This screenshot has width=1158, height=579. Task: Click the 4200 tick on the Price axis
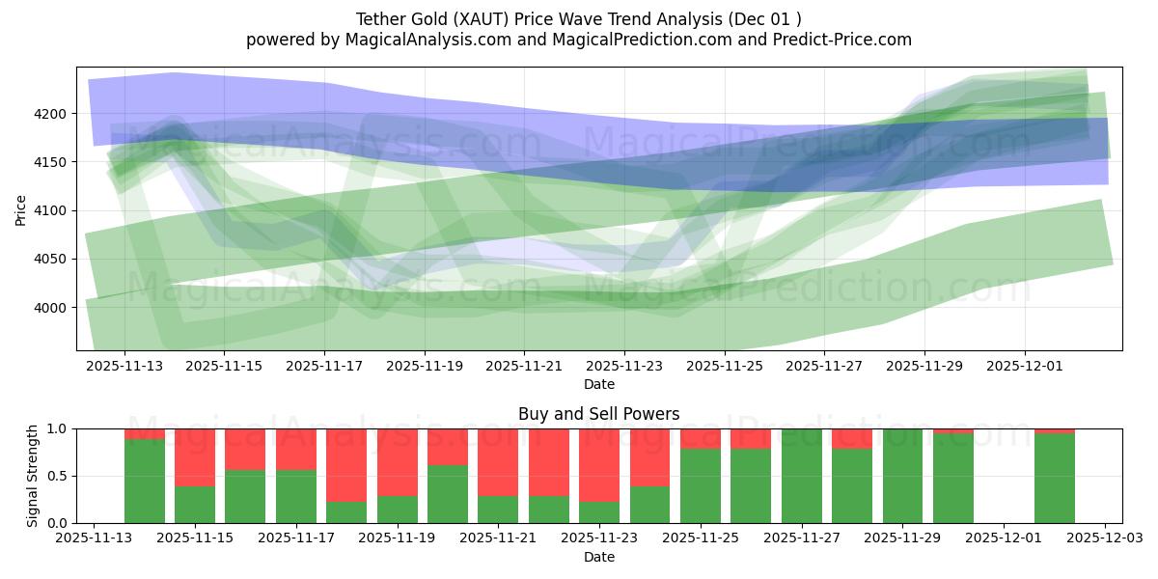[x=50, y=114]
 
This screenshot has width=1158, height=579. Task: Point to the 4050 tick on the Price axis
[x=50, y=259]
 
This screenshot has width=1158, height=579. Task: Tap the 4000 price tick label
[x=50, y=308]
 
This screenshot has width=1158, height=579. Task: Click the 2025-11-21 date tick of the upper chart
[x=523, y=367]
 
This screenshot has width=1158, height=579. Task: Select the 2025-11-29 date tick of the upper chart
[x=924, y=367]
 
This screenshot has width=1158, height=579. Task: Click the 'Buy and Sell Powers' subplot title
[x=598, y=414]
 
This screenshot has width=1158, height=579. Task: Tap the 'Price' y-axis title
[x=21, y=208]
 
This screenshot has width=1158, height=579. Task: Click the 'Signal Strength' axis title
[x=33, y=476]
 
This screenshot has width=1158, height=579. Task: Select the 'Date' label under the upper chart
[x=598, y=384]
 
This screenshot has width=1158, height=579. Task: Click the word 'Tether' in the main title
[x=381, y=19]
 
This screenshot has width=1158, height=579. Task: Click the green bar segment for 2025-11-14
[x=145, y=481]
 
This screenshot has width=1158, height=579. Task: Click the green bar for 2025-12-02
[x=1054, y=478]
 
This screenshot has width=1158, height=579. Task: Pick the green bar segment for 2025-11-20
[x=448, y=494]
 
